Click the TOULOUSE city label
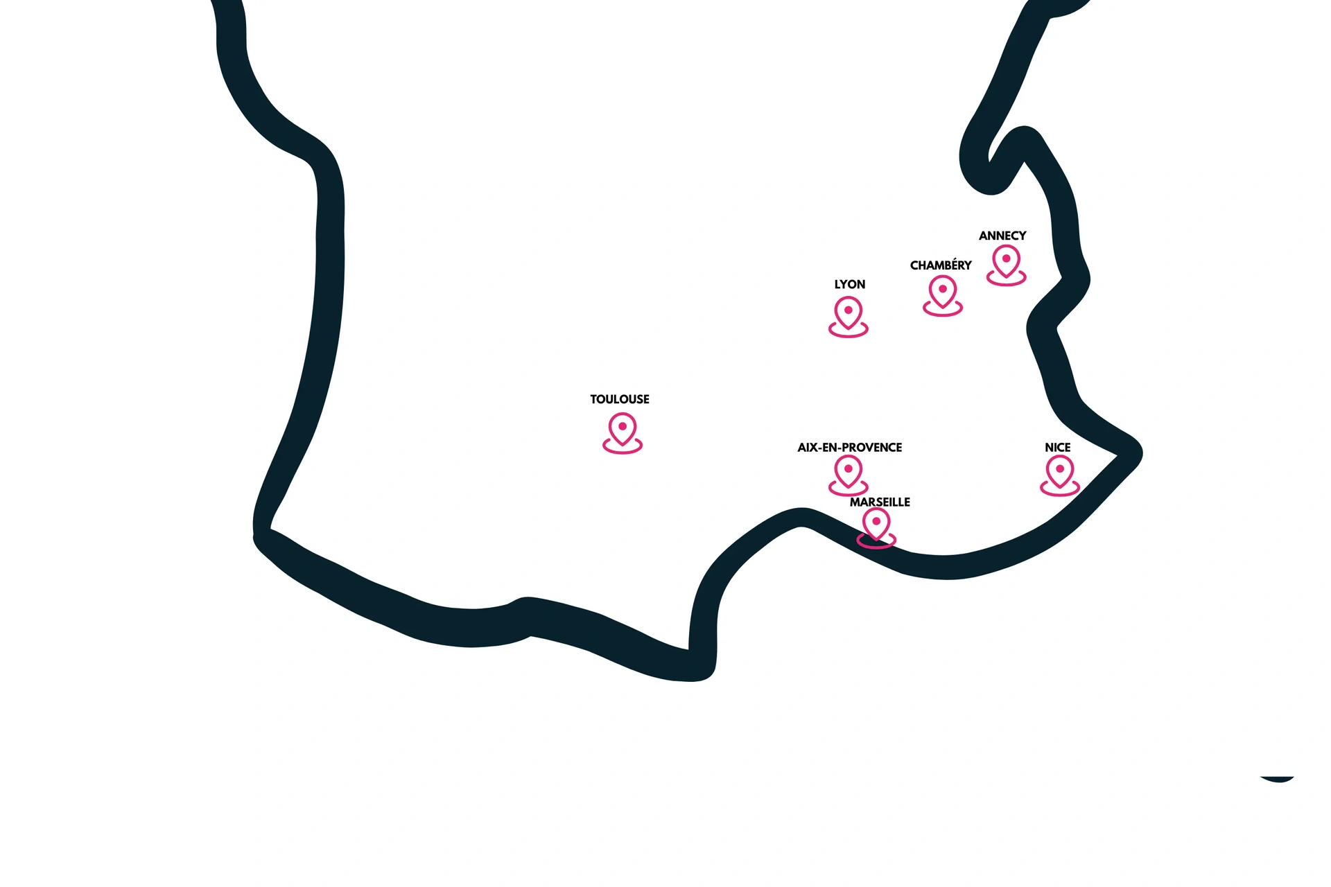(620, 399)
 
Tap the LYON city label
(849, 284)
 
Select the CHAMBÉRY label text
(941, 265)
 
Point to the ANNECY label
(1002, 236)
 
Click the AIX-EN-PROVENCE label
(849, 448)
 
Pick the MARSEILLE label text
(880, 502)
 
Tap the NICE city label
(1057, 448)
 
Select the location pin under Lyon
(849, 313)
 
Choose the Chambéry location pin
(943, 292)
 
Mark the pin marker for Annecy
(1006, 261)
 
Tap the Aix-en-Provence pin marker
(849, 471)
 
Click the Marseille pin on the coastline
(876, 525)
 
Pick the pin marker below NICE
(1060, 472)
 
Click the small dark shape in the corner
(1278, 779)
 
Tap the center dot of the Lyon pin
(849, 310)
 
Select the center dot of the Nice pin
(1060, 468)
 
